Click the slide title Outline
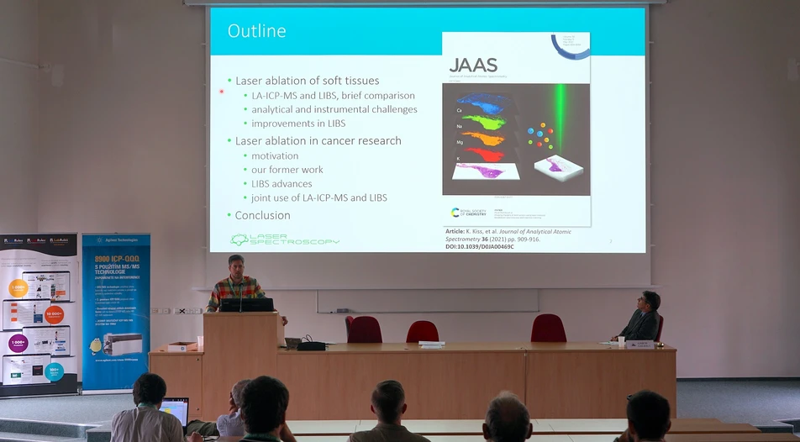256,31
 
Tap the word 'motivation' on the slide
275,155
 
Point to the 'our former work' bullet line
287,170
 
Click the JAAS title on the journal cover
473,66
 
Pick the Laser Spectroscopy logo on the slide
285,240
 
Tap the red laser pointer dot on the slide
222,92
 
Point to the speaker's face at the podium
236,266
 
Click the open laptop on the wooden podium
247,304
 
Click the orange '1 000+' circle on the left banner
18,288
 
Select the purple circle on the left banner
18,344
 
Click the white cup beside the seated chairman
621,341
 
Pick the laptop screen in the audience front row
175,410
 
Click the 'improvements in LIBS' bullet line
297,124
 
